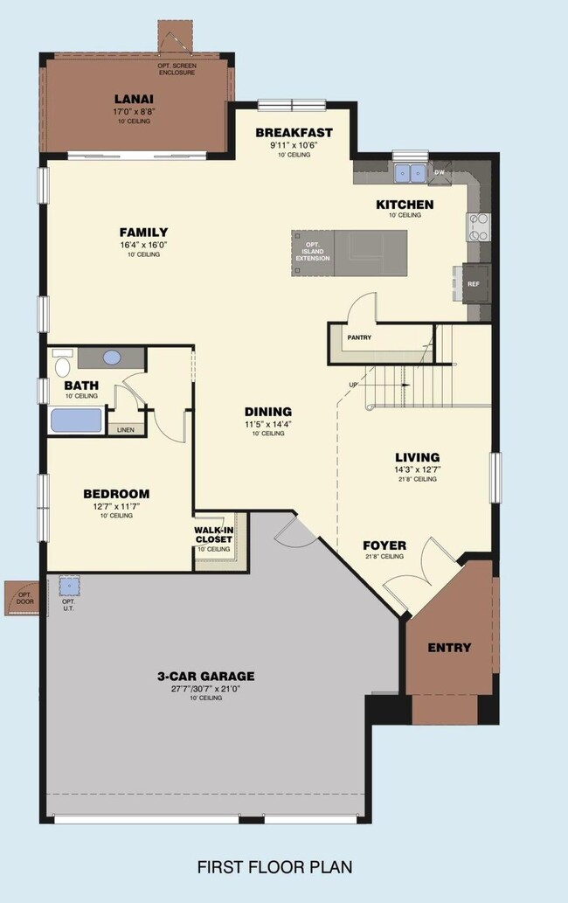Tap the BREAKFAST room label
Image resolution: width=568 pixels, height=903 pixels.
tap(294, 133)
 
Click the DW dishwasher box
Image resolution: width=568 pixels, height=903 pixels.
tap(440, 173)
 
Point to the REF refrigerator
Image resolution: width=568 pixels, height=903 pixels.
tap(474, 284)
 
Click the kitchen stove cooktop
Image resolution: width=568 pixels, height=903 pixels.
tap(479, 226)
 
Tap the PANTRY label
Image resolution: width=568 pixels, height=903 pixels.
tap(359, 337)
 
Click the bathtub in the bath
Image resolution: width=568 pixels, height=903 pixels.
tap(76, 420)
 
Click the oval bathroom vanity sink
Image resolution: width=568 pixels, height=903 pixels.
tap(112, 358)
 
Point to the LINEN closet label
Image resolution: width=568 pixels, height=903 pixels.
tap(126, 430)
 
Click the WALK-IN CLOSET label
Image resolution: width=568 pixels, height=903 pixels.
tap(213, 534)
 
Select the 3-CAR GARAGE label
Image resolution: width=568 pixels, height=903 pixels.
tap(206, 676)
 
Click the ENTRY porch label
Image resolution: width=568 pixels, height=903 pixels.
tap(449, 648)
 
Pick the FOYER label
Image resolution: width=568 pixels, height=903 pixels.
tap(384, 545)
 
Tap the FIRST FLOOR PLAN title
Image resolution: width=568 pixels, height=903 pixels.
tap(274, 867)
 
